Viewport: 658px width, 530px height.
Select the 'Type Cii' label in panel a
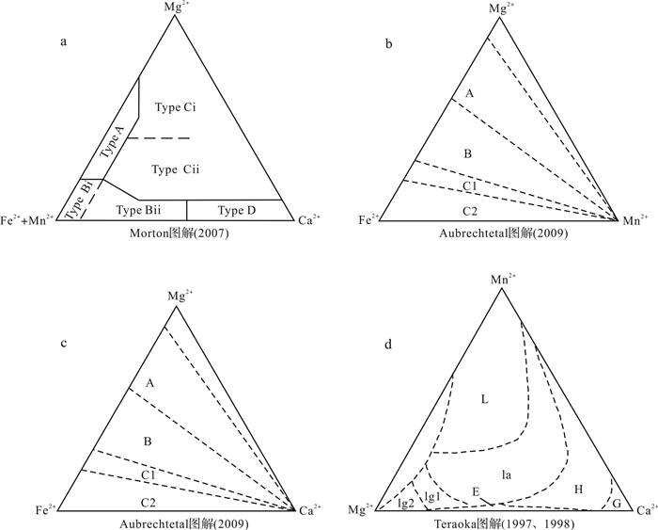(177, 169)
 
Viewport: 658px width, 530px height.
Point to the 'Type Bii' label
(139, 209)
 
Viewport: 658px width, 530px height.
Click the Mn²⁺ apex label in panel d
(501, 279)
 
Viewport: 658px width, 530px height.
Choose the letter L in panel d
(485, 400)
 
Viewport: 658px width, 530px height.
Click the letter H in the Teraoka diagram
(579, 490)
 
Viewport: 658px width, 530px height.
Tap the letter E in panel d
(477, 492)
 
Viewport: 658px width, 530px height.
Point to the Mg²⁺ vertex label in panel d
(361, 509)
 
